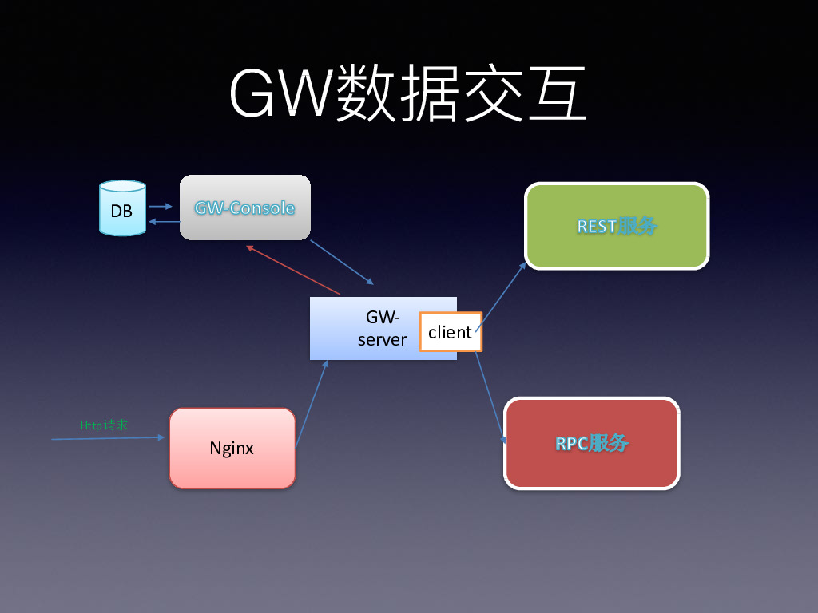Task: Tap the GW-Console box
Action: click(244, 208)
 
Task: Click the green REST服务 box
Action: click(617, 226)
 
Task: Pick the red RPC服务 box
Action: click(592, 443)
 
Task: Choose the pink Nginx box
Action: click(232, 448)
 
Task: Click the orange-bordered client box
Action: click(451, 332)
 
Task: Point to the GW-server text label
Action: click(382, 328)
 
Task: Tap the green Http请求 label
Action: click(104, 425)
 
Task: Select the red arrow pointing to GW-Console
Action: click(293, 271)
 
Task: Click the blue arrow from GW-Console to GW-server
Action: click(341, 261)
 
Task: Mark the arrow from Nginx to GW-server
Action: click(312, 403)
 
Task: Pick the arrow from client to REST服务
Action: click(502, 295)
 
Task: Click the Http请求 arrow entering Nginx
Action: click(108, 438)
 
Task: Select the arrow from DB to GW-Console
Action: click(161, 205)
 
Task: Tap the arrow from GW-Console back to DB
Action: click(163, 222)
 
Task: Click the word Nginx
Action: click(232, 448)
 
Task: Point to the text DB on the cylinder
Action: click(122, 212)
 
